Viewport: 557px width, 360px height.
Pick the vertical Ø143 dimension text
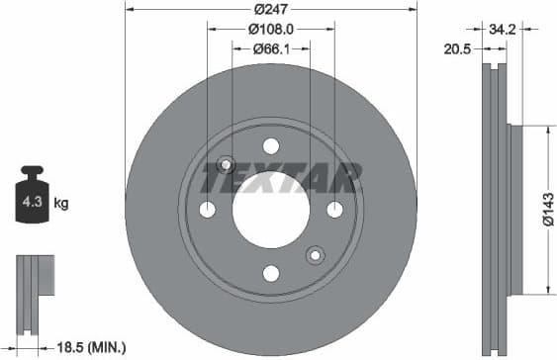(546, 210)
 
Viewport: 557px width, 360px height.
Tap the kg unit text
(61, 204)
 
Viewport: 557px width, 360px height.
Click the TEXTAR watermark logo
(277, 179)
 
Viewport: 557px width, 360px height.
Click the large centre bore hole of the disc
(270, 209)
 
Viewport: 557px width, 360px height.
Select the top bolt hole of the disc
(270, 146)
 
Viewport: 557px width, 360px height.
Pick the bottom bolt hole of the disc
(270, 272)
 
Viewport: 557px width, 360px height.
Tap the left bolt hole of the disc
(207, 209)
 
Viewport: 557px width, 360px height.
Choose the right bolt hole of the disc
(334, 209)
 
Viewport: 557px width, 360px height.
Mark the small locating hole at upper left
(226, 164)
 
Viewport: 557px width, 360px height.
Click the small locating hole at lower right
(316, 254)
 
